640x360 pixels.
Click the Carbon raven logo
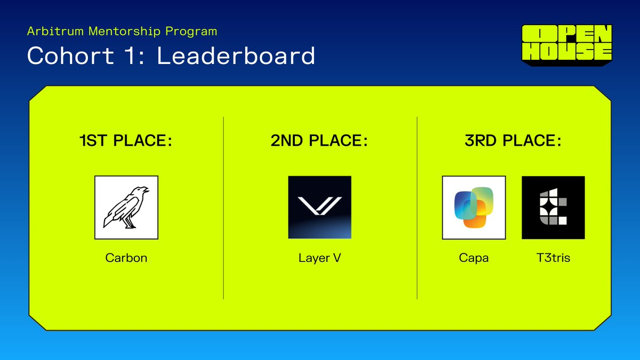(126, 207)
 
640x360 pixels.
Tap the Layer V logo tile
(319, 207)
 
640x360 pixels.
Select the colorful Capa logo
(474, 207)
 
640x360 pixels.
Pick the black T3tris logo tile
(553, 207)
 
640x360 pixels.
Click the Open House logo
(567, 45)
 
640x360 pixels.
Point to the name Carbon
(126, 258)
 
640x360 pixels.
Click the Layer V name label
(319, 258)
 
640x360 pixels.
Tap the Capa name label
(474, 258)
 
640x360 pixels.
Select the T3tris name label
(553, 258)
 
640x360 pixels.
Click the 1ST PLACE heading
(126, 141)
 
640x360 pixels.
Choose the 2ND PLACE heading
(319, 141)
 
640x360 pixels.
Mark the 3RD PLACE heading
(513, 141)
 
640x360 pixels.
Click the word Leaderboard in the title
(236, 55)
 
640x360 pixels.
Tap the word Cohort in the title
(71, 55)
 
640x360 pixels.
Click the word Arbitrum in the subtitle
(55, 31)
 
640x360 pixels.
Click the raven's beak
(146, 189)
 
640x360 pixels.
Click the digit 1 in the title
(131, 55)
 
